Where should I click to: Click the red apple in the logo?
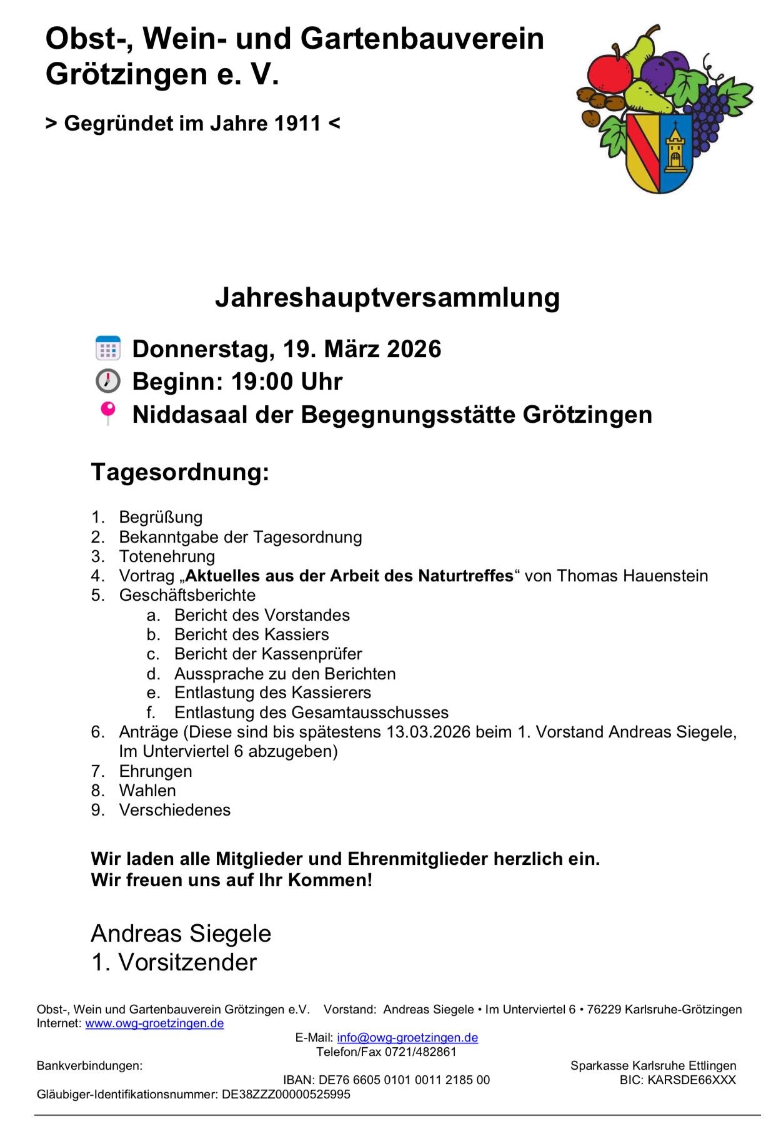coord(609,74)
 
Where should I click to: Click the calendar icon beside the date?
coord(108,348)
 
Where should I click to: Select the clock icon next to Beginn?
coord(108,381)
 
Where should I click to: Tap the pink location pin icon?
coord(108,413)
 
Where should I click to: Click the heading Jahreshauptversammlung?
coord(387,297)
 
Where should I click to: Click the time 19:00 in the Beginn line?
coord(262,382)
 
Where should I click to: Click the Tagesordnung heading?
coord(180,472)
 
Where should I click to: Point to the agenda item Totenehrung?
coord(167,556)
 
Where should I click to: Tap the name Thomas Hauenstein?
coord(632,576)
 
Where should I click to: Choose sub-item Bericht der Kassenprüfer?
coord(268,654)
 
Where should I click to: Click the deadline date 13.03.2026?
coord(428,732)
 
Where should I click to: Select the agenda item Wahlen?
coord(147,791)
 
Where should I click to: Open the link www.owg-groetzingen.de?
coord(154,1023)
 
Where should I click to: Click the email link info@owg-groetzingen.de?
coord(407,1038)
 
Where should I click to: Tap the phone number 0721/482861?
coord(421,1052)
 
